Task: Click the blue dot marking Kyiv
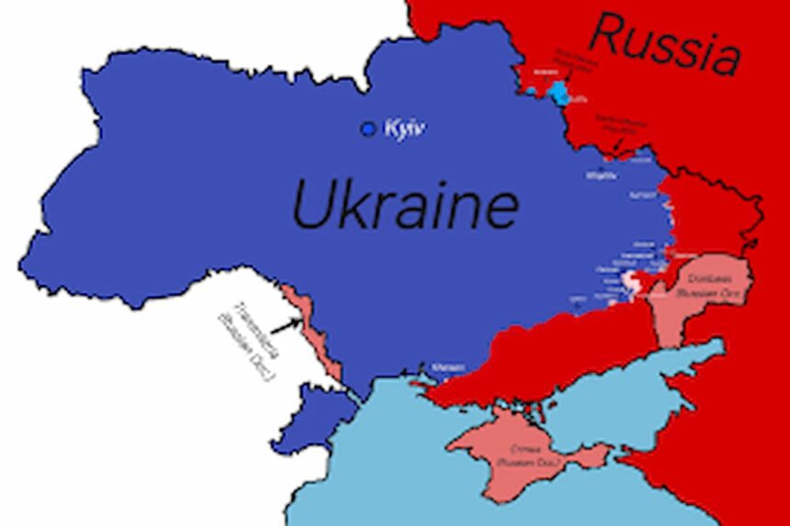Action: click(x=369, y=129)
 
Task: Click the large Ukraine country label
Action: click(x=404, y=206)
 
